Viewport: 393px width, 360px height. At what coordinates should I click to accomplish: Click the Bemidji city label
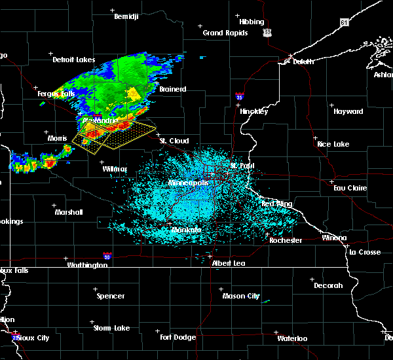click(127, 16)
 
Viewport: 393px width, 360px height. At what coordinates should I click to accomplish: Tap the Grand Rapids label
click(225, 33)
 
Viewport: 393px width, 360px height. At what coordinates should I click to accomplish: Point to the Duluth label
click(300, 62)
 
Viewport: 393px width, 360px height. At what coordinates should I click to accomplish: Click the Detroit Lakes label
click(73, 60)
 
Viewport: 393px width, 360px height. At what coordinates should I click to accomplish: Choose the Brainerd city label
click(172, 89)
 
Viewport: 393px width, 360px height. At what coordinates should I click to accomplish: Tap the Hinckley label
click(253, 111)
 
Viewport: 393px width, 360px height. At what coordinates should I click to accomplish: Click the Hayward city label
click(348, 111)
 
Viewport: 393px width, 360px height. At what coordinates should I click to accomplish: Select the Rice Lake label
click(333, 144)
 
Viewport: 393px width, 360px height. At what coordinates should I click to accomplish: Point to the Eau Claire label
click(348, 188)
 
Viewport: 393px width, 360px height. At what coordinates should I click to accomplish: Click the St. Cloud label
click(175, 141)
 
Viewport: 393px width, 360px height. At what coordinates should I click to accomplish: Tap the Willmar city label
click(114, 169)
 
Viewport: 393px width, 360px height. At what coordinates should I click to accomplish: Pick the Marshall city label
click(69, 212)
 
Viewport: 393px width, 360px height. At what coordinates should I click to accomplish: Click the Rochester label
click(286, 240)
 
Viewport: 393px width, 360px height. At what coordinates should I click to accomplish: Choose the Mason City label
click(241, 296)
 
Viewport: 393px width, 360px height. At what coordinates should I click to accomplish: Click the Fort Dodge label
click(178, 337)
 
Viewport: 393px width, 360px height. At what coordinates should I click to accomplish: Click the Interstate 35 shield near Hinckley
click(240, 96)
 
